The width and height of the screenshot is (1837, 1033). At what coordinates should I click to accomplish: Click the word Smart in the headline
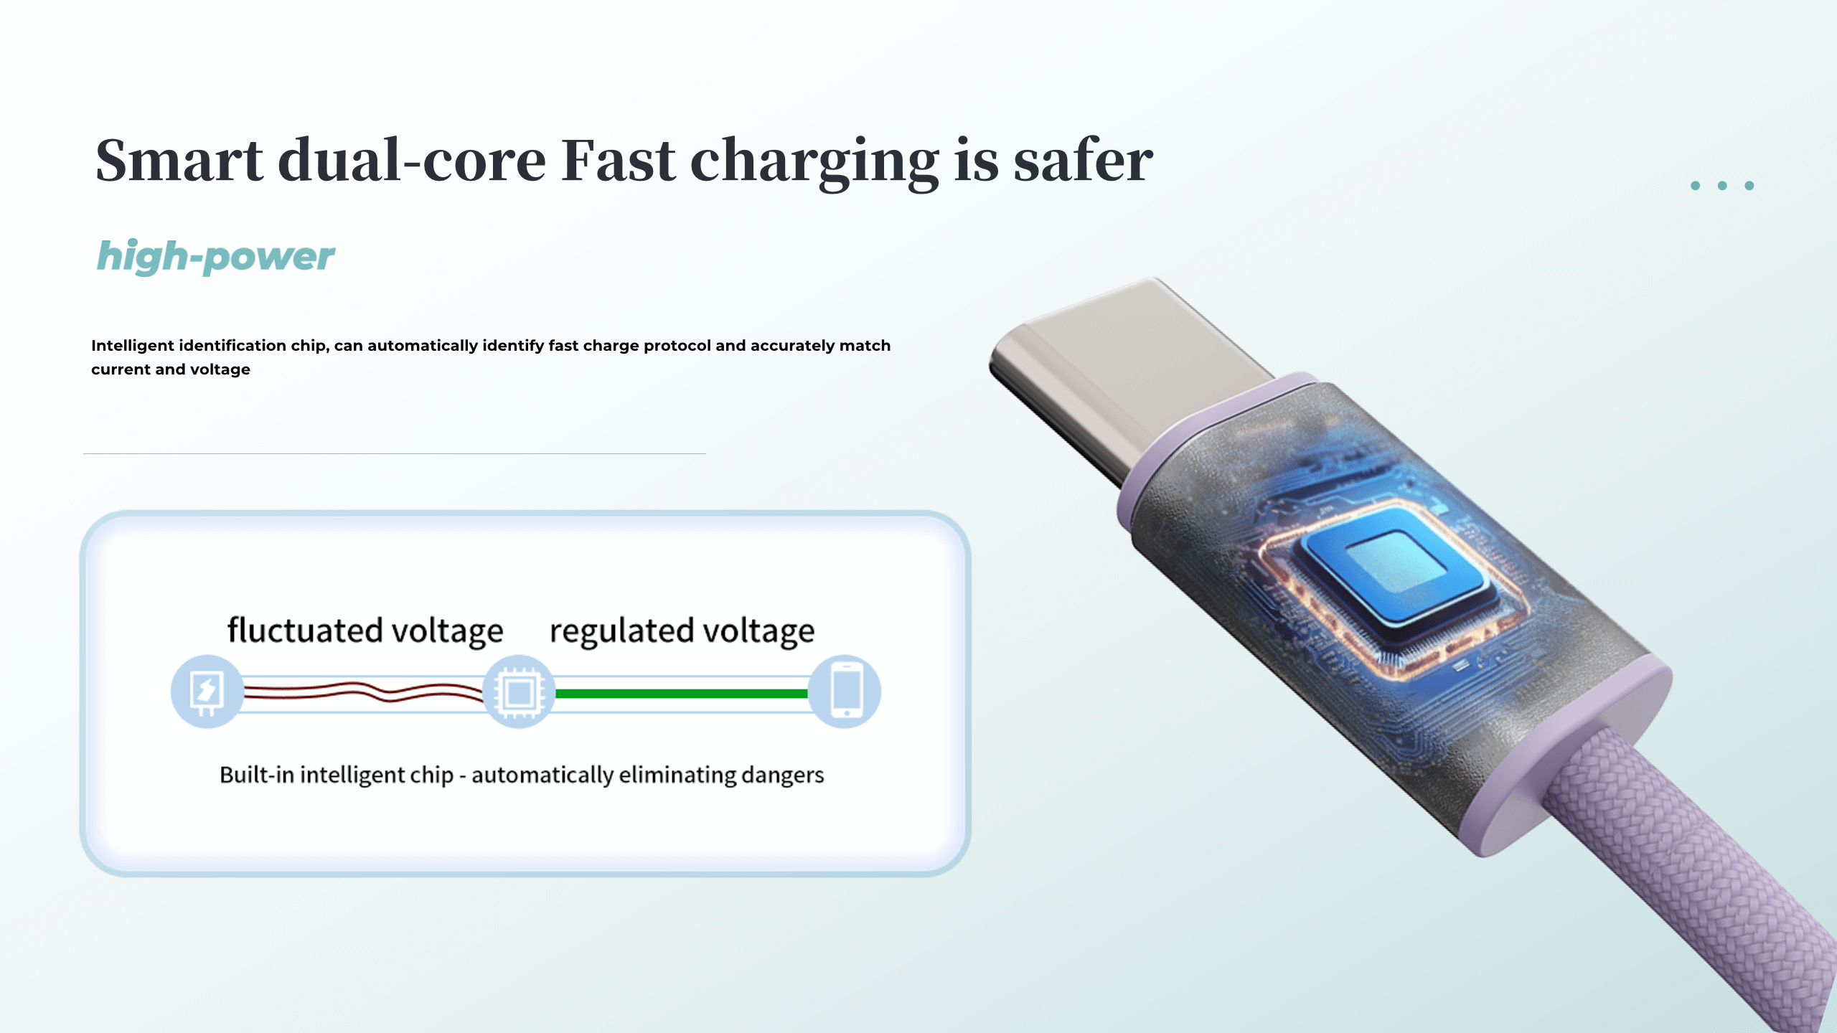[179, 161]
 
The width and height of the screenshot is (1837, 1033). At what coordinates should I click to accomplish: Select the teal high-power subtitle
[215, 257]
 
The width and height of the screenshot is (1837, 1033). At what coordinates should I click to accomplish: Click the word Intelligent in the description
[133, 346]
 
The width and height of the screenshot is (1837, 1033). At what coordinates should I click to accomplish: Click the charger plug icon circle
[207, 692]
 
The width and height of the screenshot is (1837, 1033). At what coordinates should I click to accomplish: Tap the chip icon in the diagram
[518, 692]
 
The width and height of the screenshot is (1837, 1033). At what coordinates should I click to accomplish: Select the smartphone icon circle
[846, 692]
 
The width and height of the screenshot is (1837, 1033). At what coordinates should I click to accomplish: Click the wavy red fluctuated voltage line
[366, 692]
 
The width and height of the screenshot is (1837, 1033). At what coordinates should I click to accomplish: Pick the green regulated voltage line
[682, 694]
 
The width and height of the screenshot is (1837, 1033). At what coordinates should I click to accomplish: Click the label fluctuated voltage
[365, 631]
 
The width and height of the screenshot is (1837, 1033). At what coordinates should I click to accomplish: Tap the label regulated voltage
[682, 631]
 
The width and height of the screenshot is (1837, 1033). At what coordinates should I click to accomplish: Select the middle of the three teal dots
[1722, 186]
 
